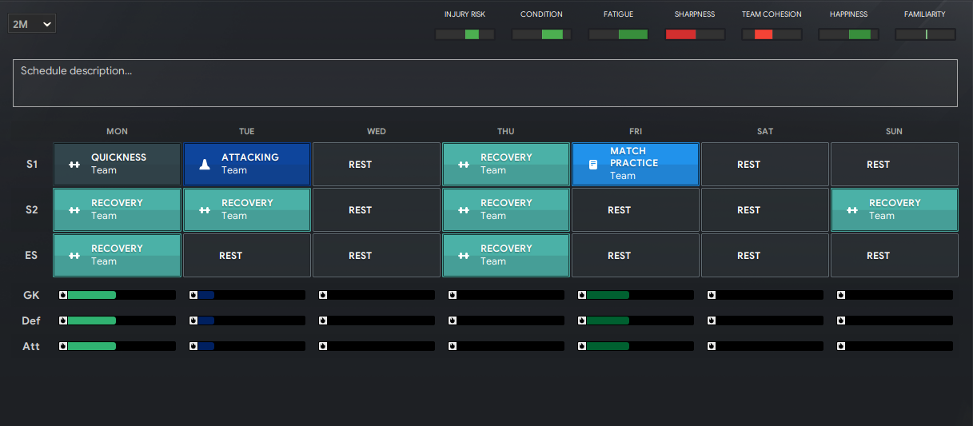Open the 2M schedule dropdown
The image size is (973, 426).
pyautogui.click(x=32, y=24)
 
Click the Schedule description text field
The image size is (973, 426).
pyautogui.click(x=485, y=83)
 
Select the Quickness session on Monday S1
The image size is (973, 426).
pyautogui.click(x=117, y=164)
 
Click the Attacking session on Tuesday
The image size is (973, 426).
pyautogui.click(x=247, y=164)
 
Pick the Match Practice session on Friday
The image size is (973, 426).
pyautogui.click(x=636, y=164)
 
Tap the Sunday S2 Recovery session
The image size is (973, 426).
pyautogui.click(x=895, y=209)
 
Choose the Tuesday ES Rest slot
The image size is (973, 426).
pyautogui.click(x=247, y=255)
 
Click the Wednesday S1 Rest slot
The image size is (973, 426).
pyautogui.click(x=377, y=164)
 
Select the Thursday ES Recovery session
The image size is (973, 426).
pyautogui.click(x=506, y=255)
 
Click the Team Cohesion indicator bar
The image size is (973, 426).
pyautogui.click(x=772, y=34)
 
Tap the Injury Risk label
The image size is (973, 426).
pyautogui.click(x=465, y=14)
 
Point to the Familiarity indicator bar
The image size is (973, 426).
pyautogui.click(x=925, y=34)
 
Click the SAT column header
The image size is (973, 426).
pyautogui.click(x=765, y=131)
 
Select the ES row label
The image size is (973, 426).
pyautogui.click(x=31, y=255)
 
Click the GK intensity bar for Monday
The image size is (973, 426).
pyautogui.click(x=118, y=295)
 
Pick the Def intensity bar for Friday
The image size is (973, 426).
pyautogui.click(x=636, y=320)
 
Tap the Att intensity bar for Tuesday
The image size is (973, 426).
pyautogui.click(x=247, y=346)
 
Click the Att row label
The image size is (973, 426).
pyautogui.click(x=31, y=346)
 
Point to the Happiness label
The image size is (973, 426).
pyautogui.click(x=849, y=14)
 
